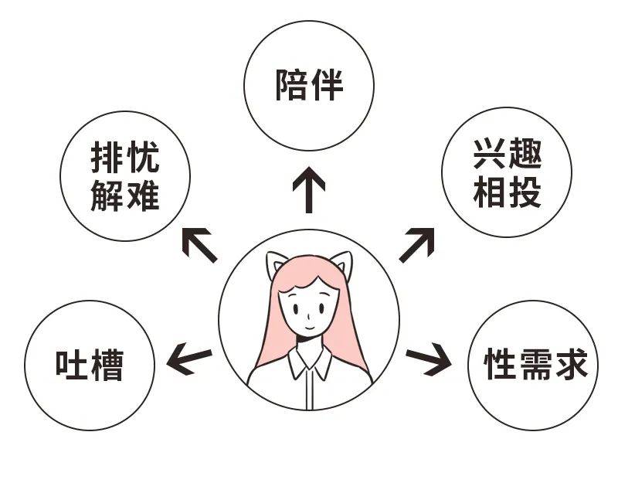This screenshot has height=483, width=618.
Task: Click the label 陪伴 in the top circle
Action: tap(309, 85)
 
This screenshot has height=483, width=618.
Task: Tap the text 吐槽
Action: tap(90, 365)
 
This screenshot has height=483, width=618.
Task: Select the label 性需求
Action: tap(535, 363)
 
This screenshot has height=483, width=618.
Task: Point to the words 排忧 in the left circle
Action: tap(125, 157)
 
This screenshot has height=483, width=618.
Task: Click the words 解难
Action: tap(125, 196)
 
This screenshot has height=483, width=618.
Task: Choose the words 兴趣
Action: tap(508, 154)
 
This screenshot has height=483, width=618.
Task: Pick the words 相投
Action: tap(508, 192)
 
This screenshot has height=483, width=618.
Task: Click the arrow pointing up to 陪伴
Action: tap(309, 189)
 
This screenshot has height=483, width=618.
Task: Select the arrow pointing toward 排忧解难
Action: tap(199, 245)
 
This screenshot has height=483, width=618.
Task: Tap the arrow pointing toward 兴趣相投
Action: tap(416, 244)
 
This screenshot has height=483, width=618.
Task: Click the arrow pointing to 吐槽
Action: tap(189, 358)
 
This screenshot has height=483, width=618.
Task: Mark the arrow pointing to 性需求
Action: tap(429, 358)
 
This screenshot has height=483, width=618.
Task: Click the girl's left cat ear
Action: tap(276, 263)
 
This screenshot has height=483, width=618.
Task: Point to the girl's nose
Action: tap(309, 315)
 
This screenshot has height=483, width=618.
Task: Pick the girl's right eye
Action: tap(321, 308)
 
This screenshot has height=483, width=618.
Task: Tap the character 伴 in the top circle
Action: tap(327, 85)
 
